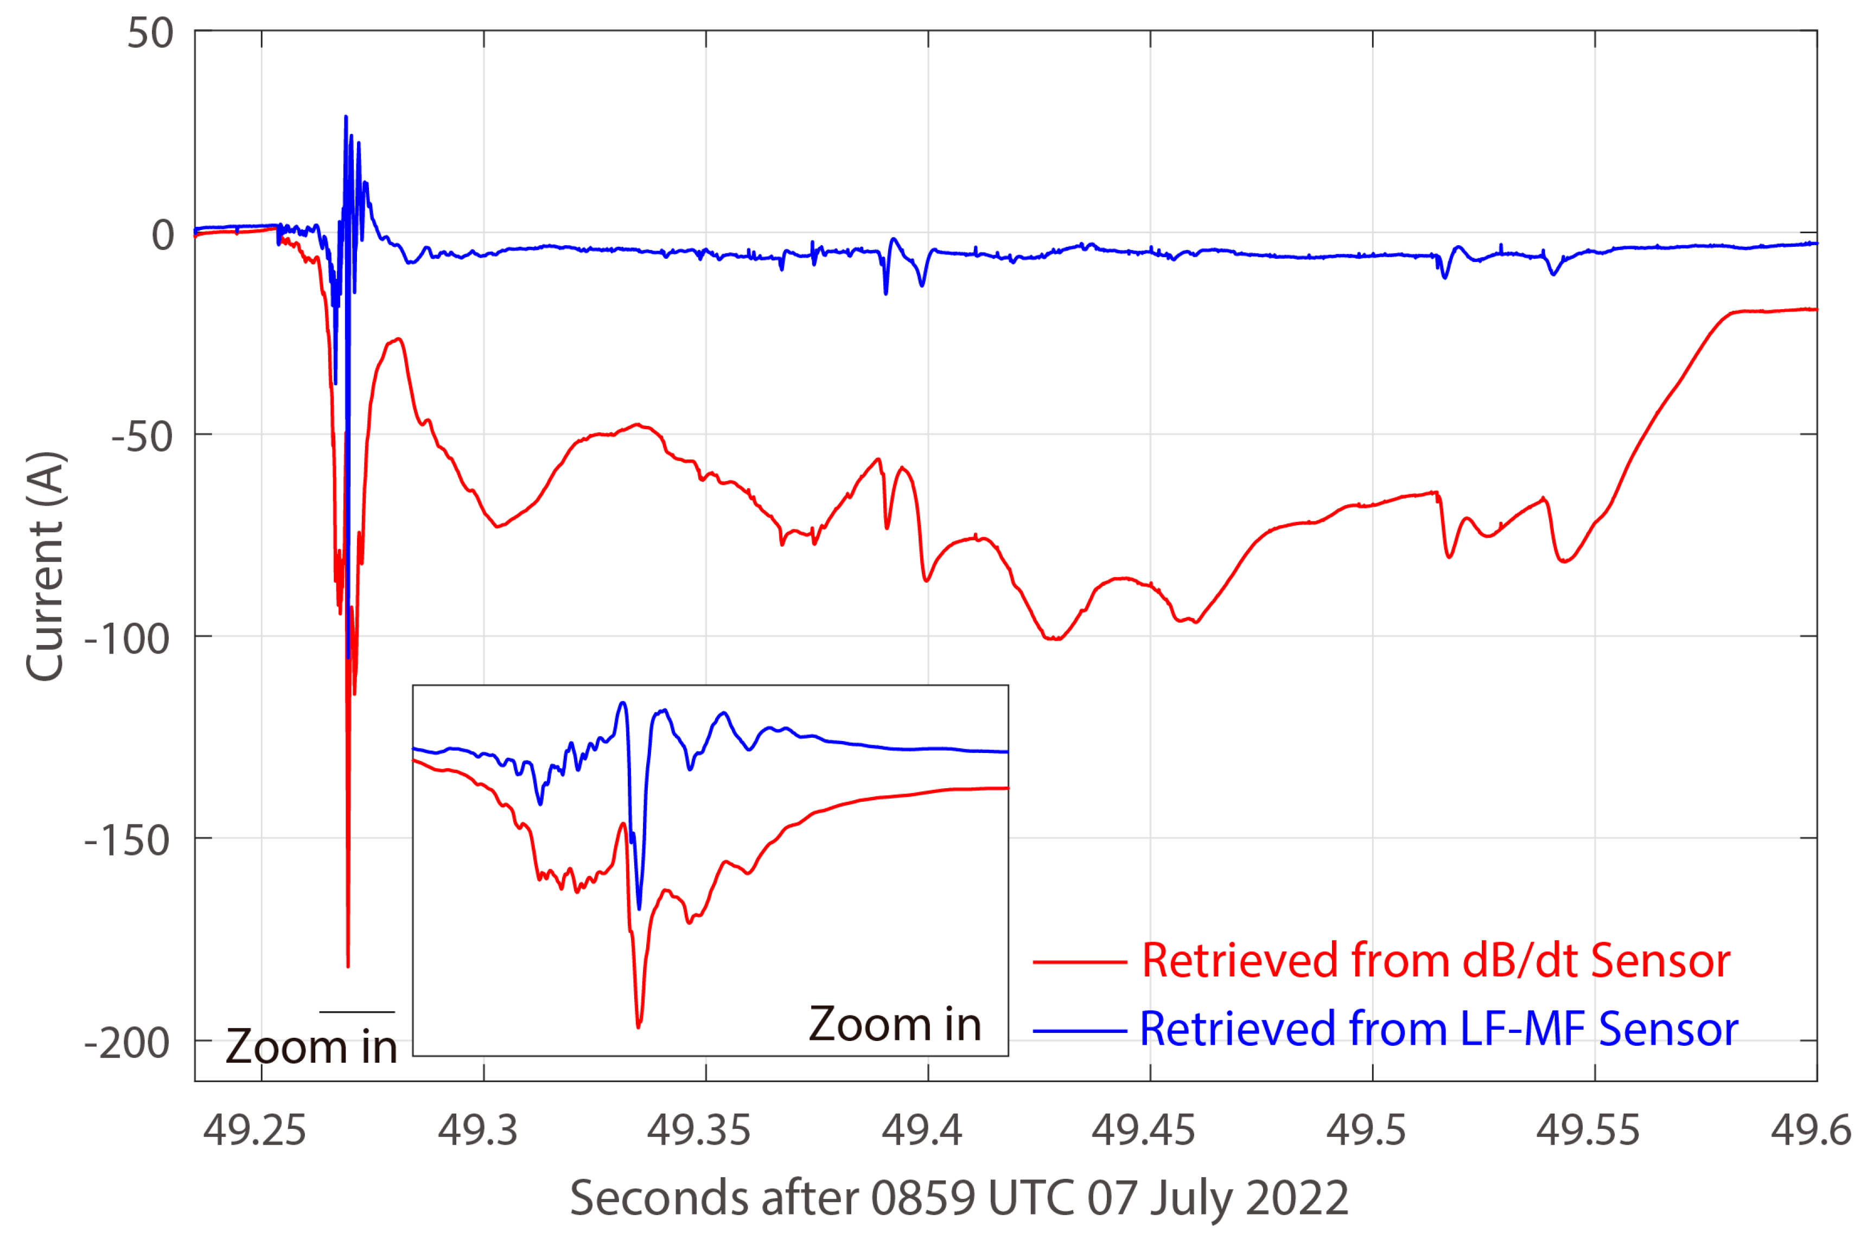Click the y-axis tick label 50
[x=150, y=34]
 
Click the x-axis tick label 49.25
[x=254, y=1131]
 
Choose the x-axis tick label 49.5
[x=1366, y=1131]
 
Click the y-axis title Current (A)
[x=45, y=566]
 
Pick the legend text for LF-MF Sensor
[x=1438, y=1029]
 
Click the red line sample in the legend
[x=1080, y=962]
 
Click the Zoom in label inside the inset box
[x=895, y=1025]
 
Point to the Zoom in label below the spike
[x=311, y=1048]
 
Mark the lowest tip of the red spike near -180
[x=348, y=966]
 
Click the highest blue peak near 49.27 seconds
[x=345, y=117]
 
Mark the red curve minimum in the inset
[x=639, y=1026]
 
